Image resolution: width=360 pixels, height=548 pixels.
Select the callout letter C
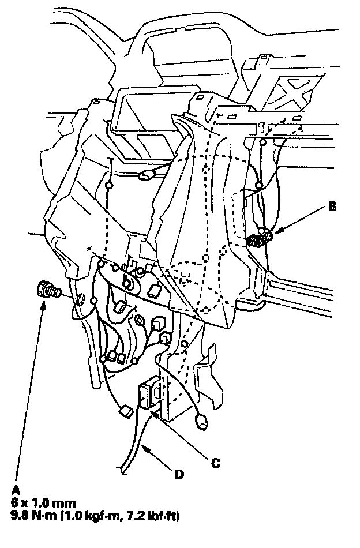215,461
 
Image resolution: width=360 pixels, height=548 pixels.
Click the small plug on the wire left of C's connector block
124,411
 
